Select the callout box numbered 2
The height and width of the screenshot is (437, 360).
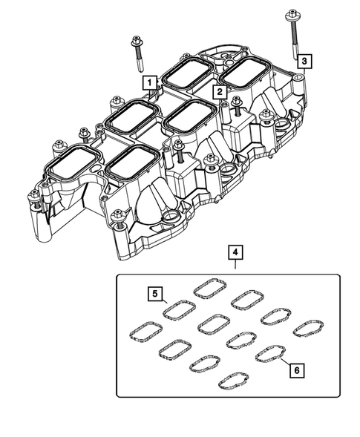(220, 93)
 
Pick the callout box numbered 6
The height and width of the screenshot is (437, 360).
(297, 369)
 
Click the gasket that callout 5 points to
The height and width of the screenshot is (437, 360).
(179, 308)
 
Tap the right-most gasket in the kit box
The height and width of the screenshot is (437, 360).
(308, 327)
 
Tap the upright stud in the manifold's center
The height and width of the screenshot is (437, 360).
(178, 154)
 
